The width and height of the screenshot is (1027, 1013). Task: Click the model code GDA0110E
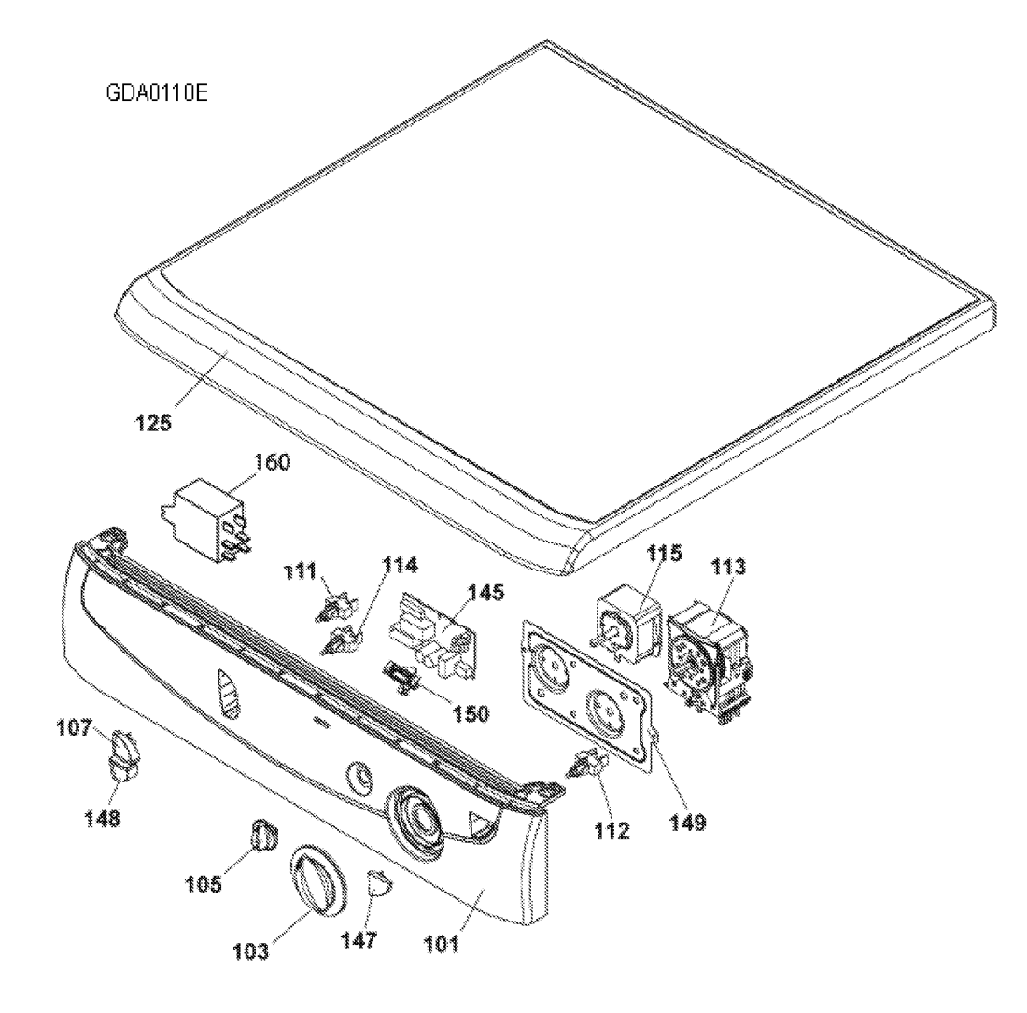[x=157, y=93]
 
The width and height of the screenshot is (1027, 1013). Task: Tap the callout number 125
[x=153, y=423]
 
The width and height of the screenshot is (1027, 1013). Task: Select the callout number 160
[x=272, y=462]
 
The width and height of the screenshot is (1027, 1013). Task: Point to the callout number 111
[x=300, y=572]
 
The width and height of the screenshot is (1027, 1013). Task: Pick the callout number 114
[x=399, y=565]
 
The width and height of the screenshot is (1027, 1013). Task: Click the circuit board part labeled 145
[x=433, y=637]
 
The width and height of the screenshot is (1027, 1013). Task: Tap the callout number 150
[x=471, y=713]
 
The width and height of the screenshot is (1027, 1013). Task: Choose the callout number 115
[x=664, y=554]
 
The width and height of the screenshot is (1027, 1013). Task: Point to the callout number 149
[x=688, y=823]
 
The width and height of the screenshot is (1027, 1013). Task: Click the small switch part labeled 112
[x=588, y=765]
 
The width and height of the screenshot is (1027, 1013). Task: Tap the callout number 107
[x=75, y=727]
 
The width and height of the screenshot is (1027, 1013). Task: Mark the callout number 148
[x=102, y=818]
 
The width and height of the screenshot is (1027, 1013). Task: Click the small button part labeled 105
[x=264, y=834]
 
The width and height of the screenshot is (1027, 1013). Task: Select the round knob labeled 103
[x=316, y=879]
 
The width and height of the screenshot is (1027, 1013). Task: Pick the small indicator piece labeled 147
[x=378, y=883]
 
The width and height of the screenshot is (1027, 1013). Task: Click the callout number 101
[x=442, y=944]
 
